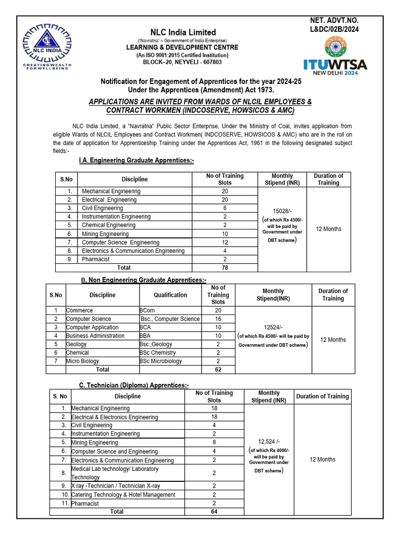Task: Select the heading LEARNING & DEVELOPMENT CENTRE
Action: pyautogui.click(x=182, y=47)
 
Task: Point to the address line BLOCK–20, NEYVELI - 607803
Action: pyautogui.click(x=182, y=62)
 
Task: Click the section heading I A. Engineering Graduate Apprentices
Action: pyautogui.click(x=136, y=161)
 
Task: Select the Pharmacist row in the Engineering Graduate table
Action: pyautogui.click(x=95, y=259)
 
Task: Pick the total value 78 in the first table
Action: pyautogui.click(x=224, y=268)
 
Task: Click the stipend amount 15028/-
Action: pyautogui.click(x=282, y=211)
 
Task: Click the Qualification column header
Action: pyautogui.click(x=170, y=295)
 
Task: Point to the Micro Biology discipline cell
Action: pyautogui.click(x=82, y=361)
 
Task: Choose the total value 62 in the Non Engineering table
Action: pyautogui.click(x=218, y=370)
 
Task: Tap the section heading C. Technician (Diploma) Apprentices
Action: pyautogui.click(x=134, y=385)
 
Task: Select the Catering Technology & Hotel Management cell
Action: pyautogui.click(x=123, y=495)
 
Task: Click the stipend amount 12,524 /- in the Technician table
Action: pyautogui.click(x=269, y=441)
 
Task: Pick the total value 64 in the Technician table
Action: pyautogui.click(x=214, y=512)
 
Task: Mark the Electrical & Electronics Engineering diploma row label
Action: pyautogui.click(x=115, y=417)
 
